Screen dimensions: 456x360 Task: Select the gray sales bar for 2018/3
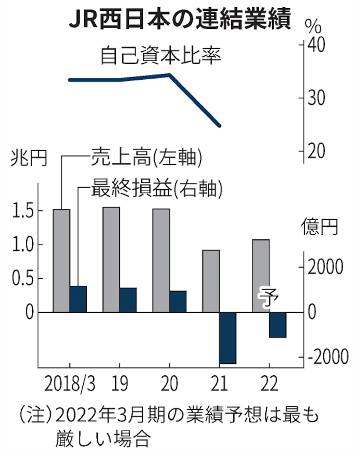tap(62, 260)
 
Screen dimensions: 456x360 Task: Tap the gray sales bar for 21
tap(211, 281)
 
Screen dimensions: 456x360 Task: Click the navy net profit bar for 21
tap(228, 338)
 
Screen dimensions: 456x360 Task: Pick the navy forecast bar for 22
tap(277, 325)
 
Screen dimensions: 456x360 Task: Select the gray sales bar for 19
tap(111, 259)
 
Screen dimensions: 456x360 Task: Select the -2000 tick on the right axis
tap(328, 357)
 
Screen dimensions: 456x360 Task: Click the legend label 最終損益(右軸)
tap(156, 189)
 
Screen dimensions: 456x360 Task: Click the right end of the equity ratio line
tap(220, 126)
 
